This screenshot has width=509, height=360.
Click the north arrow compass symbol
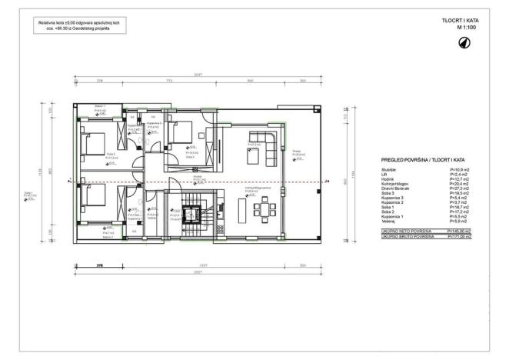pyautogui.click(x=466, y=42)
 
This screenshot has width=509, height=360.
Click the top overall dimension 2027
pyautogui.click(x=178, y=75)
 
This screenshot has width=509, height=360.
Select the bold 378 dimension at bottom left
pyautogui.click(x=99, y=265)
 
